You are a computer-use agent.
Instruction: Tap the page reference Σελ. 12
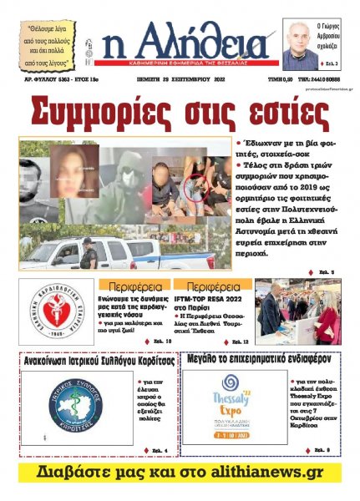[238, 342]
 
